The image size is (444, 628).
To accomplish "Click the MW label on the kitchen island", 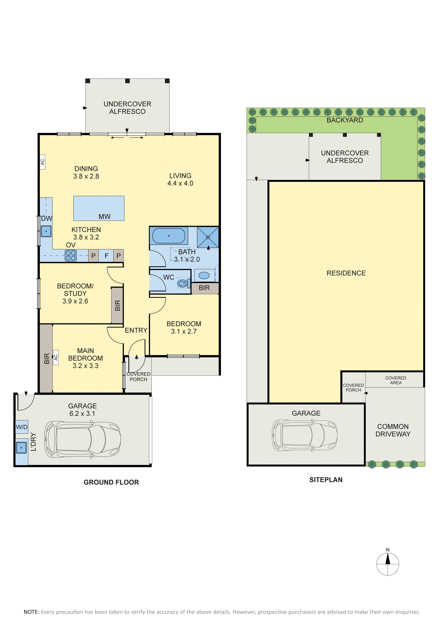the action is [x=104, y=217].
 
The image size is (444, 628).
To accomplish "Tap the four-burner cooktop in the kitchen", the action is [x=71, y=256].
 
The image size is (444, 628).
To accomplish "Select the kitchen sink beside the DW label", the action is [x=46, y=231].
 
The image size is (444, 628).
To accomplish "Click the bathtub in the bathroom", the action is [x=169, y=236].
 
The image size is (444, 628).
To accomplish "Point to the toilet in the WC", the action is [x=183, y=283].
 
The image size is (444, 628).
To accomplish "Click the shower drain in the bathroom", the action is [x=208, y=237].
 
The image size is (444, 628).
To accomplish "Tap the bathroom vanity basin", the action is [x=204, y=275].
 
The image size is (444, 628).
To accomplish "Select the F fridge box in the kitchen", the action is [x=106, y=256].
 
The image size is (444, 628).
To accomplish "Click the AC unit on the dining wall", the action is [x=42, y=162].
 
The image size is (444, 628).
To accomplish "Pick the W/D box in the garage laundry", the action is [x=22, y=427].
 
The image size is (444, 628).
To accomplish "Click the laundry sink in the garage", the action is [x=21, y=448].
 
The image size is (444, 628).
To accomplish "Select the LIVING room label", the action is [x=180, y=180].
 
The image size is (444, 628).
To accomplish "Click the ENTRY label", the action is [x=136, y=330].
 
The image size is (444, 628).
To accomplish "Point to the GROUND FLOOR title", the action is [x=111, y=482].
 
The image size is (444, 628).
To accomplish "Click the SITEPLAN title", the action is [x=326, y=480].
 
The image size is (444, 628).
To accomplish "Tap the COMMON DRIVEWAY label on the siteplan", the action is [x=393, y=430].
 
